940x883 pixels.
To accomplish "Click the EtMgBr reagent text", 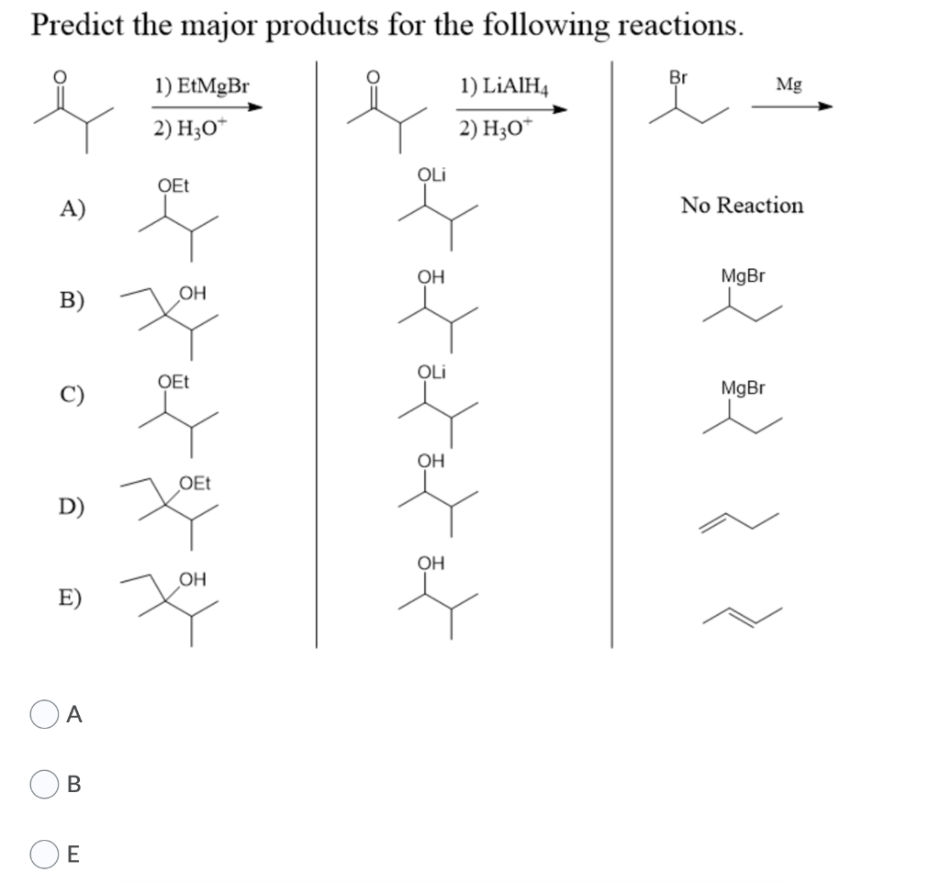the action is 201,87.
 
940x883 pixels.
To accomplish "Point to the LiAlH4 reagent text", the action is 502,87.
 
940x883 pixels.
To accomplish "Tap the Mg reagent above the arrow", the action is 788,85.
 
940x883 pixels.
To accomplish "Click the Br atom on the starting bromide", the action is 678,77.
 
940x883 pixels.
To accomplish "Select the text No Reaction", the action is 742,206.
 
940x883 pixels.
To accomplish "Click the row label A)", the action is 73,209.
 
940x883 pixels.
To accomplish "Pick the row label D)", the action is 73,506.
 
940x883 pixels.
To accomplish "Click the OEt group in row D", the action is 195,482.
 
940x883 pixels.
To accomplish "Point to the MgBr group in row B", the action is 743,276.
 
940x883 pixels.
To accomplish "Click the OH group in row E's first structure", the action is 193,578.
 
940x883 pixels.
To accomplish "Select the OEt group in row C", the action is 173,381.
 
